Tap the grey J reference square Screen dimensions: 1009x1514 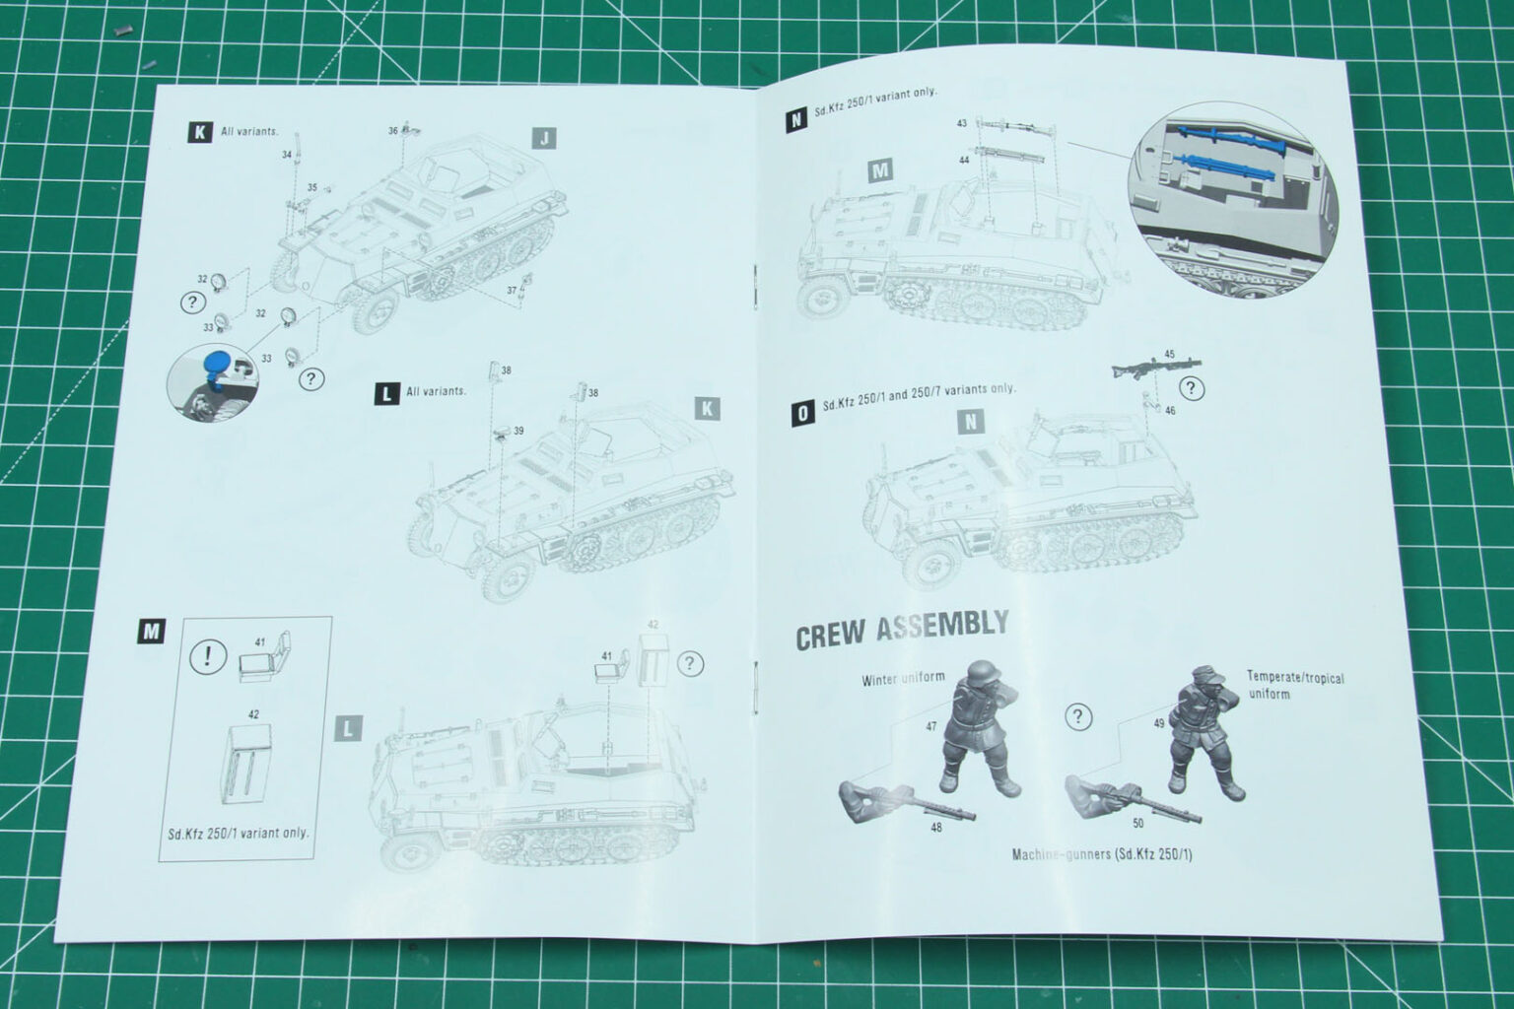(x=543, y=138)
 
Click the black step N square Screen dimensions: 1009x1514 (x=794, y=121)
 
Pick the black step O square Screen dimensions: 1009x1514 (x=803, y=414)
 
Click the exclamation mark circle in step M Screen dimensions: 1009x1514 (x=207, y=657)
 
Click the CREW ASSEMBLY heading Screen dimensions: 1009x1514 (x=902, y=630)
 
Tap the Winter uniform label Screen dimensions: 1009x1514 (x=902, y=679)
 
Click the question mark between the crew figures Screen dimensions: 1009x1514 (x=1080, y=715)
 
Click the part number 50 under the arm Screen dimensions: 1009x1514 (x=1139, y=822)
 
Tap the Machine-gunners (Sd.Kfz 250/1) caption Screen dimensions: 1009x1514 (x=1101, y=854)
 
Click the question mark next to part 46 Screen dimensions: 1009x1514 (x=1191, y=388)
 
